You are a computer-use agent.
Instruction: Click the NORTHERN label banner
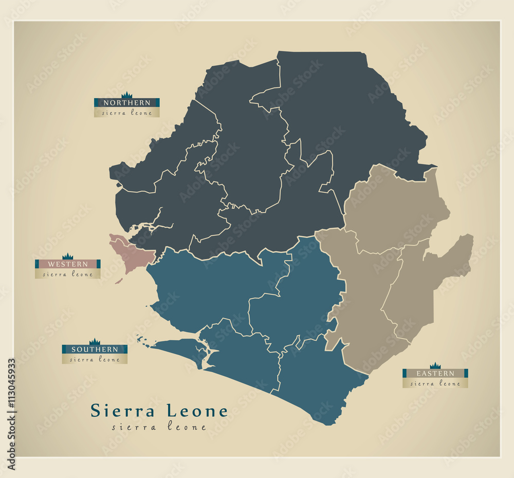click(126, 103)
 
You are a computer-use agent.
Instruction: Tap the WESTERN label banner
click(67, 264)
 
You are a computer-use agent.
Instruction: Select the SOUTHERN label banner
click(95, 350)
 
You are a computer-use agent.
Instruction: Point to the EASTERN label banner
click(435, 373)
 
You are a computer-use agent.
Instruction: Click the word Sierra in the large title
click(122, 411)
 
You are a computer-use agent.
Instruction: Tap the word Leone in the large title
click(197, 411)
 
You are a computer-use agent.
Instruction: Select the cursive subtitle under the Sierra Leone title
click(159, 427)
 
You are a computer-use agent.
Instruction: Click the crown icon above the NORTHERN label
click(126, 95)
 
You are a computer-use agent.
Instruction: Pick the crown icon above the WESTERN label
click(67, 256)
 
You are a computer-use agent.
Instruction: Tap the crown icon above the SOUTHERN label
click(95, 342)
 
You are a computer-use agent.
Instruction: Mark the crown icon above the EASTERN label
click(435, 365)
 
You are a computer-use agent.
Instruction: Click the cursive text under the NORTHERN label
click(126, 113)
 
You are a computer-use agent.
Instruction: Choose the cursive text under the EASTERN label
click(435, 383)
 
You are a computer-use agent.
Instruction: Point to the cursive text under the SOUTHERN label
click(95, 359)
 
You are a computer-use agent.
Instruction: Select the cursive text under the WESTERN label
click(67, 274)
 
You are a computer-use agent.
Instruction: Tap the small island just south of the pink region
click(118, 281)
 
